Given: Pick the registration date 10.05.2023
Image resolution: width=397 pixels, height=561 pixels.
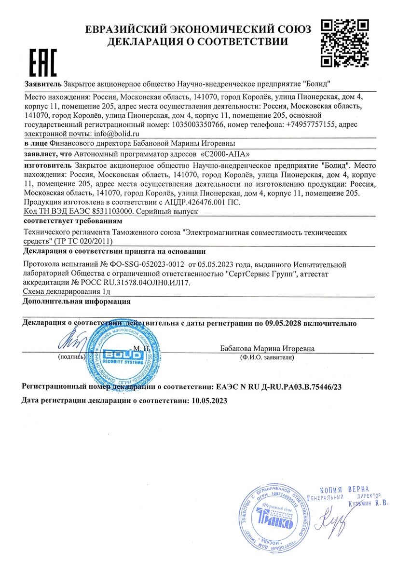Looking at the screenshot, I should pos(209,400).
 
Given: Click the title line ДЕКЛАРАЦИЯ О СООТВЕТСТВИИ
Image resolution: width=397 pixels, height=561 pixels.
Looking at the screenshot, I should pos(198,41).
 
